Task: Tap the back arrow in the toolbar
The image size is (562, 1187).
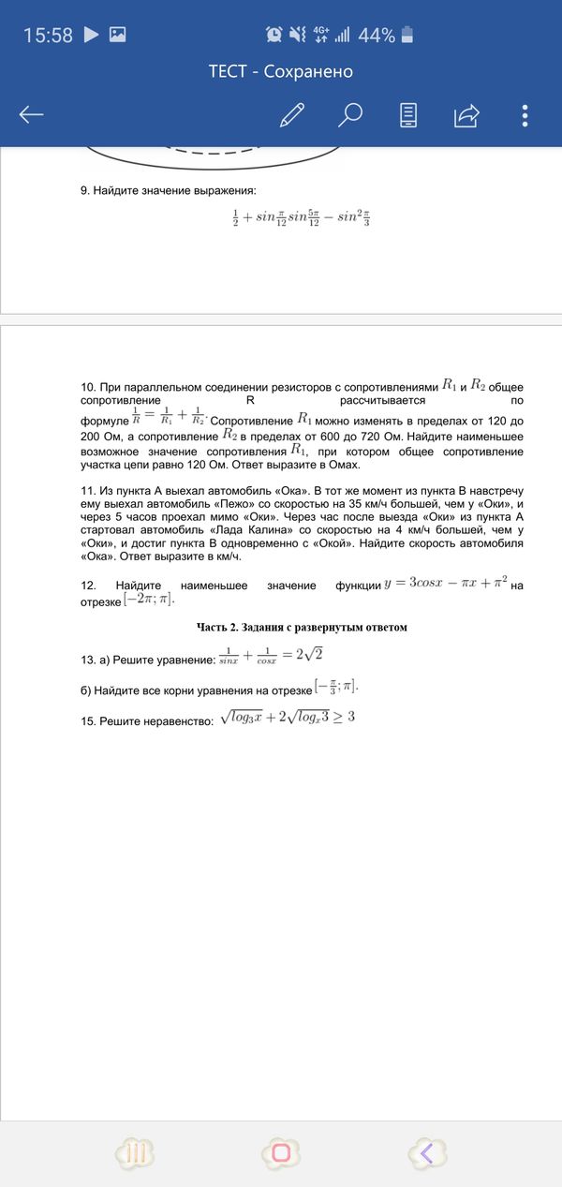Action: tap(31, 115)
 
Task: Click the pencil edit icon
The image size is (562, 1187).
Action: tap(292, 115)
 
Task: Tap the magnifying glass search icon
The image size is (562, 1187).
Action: tap(350, 115)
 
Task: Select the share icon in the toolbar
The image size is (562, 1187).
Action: tap(466, 115)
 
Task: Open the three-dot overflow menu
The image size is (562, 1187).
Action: tap(525, 115)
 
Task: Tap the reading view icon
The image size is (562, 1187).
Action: tap(408, 115)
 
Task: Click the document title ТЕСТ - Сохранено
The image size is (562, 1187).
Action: tap(281, 72)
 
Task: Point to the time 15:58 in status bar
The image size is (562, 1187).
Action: tap(48, 36)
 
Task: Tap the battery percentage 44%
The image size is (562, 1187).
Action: tap(376, 36)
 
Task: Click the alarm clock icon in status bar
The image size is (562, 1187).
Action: tap(274, 36)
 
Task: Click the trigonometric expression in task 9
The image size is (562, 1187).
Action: tap(301, 219)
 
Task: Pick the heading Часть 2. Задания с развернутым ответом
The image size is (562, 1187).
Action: tap(302, 627)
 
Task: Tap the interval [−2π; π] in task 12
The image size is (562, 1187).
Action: tap(149, 600)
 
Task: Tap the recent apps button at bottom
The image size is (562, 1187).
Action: tap(134, 1153)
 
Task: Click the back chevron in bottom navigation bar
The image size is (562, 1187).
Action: tap(426, 1153)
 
